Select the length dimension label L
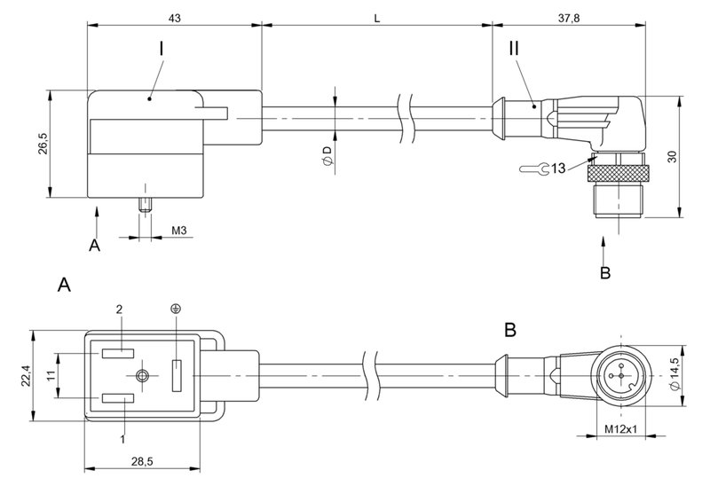point(378,18)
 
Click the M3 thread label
point(178,231)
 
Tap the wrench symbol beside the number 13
point(529,167)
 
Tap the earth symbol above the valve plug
point(176,309)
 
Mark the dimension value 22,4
point(24,378)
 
